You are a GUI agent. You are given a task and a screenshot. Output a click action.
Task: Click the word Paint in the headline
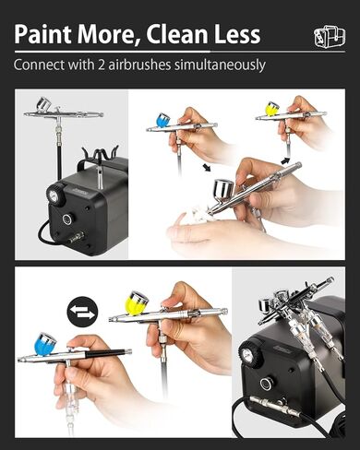coord(47,34)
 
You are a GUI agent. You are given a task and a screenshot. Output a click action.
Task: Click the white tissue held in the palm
coord(195,216)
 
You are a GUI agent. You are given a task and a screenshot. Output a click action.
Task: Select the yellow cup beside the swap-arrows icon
coord(137,302)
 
